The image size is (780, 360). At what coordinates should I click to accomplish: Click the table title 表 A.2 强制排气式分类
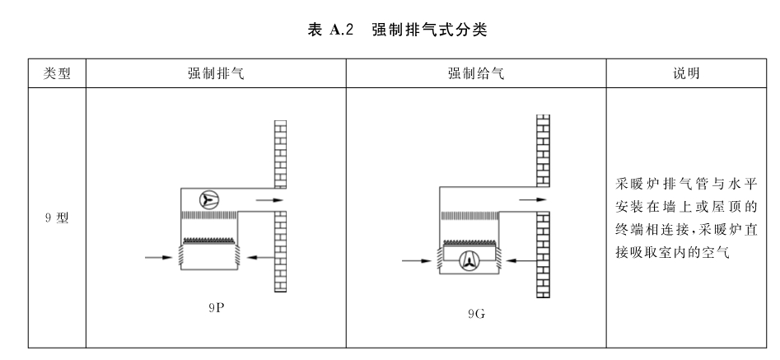tap(397, 30)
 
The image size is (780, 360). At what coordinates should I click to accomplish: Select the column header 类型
tap(57, 73)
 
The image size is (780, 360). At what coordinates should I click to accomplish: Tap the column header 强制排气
tap(216, 73)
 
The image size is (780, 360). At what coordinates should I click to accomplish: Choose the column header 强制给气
tap(476, 73)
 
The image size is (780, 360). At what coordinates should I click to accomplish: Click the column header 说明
tap(686, 73)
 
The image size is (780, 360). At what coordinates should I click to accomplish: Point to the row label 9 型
tap(57, 217)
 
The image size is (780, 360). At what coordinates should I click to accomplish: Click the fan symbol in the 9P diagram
tap(209, 200)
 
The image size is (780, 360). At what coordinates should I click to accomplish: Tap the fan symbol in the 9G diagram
tap(469, 261)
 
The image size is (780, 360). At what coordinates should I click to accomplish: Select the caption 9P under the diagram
tap(217, 308)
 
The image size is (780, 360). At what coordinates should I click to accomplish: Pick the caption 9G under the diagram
tap(476, 314)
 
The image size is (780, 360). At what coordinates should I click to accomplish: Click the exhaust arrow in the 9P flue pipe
tap(269, 200)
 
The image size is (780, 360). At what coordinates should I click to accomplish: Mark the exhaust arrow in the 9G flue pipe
tap(533, 200)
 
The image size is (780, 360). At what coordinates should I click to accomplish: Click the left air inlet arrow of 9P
tap(159, 258)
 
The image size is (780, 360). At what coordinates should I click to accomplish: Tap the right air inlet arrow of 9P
tap(260, 258)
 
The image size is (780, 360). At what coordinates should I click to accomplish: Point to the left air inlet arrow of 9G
tap(417, 260)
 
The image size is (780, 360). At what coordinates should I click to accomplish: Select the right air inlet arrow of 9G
tap(521, 260)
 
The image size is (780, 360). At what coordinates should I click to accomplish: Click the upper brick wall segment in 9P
tap(281, 154)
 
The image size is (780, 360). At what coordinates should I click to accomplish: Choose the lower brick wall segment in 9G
tap(544, 255)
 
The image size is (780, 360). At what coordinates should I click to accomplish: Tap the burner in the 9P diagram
tap(209, 241)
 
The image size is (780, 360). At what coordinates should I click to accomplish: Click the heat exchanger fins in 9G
tap(469, 215)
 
